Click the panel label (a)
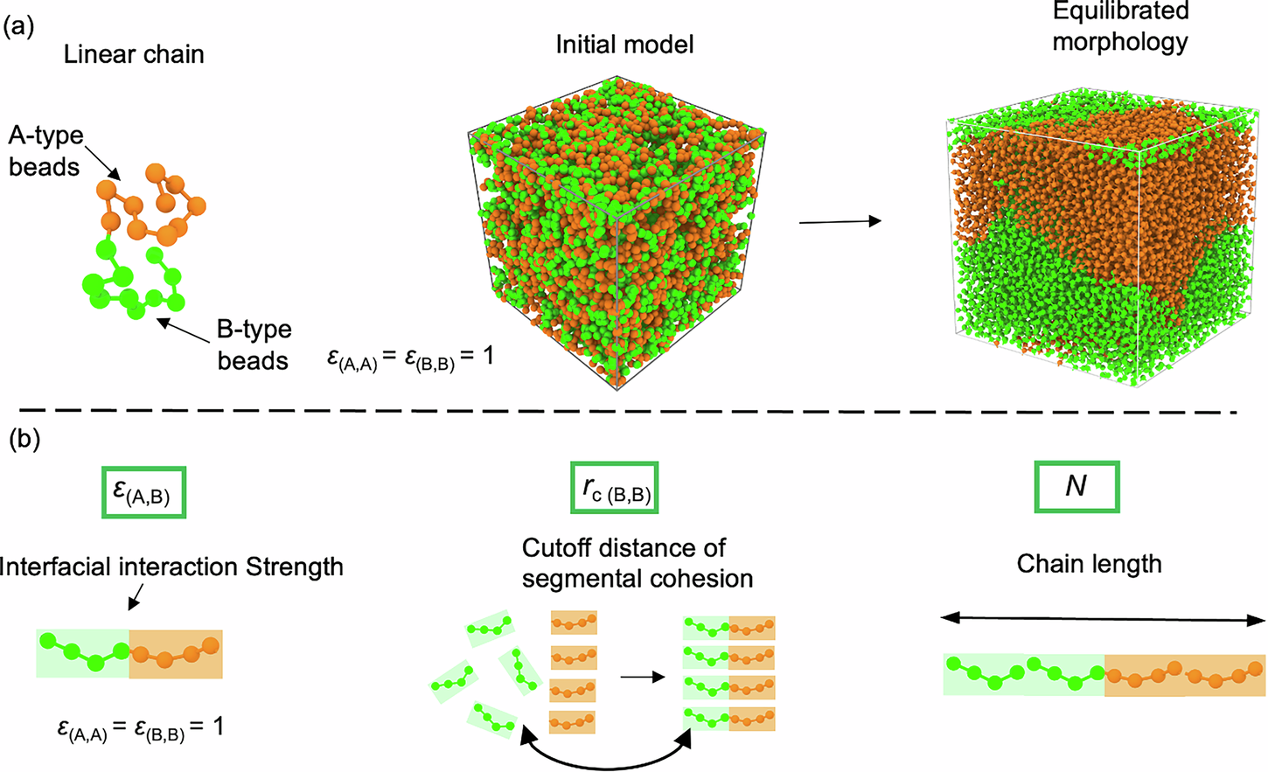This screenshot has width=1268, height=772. coord(19,27)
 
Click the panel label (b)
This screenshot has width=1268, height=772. coord(24,440)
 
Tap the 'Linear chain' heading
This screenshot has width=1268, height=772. coord(134,54)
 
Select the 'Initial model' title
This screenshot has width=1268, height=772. coord(624,45)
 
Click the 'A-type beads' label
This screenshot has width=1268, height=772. coord(45,151)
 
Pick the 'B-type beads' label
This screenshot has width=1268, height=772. coord(254,344)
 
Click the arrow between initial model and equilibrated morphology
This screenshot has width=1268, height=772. coord(840,221)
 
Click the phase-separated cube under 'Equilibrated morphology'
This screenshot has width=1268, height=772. coord(1104,240)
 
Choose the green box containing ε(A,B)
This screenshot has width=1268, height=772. coord(143,492)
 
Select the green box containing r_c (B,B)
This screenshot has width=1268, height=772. coord(614,488)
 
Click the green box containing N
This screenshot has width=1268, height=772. coord(1076,486)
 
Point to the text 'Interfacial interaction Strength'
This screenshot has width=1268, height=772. coord(171,567)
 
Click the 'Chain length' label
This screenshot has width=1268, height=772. coord(1089,564)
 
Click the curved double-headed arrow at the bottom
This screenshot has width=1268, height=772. coord(606,753)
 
